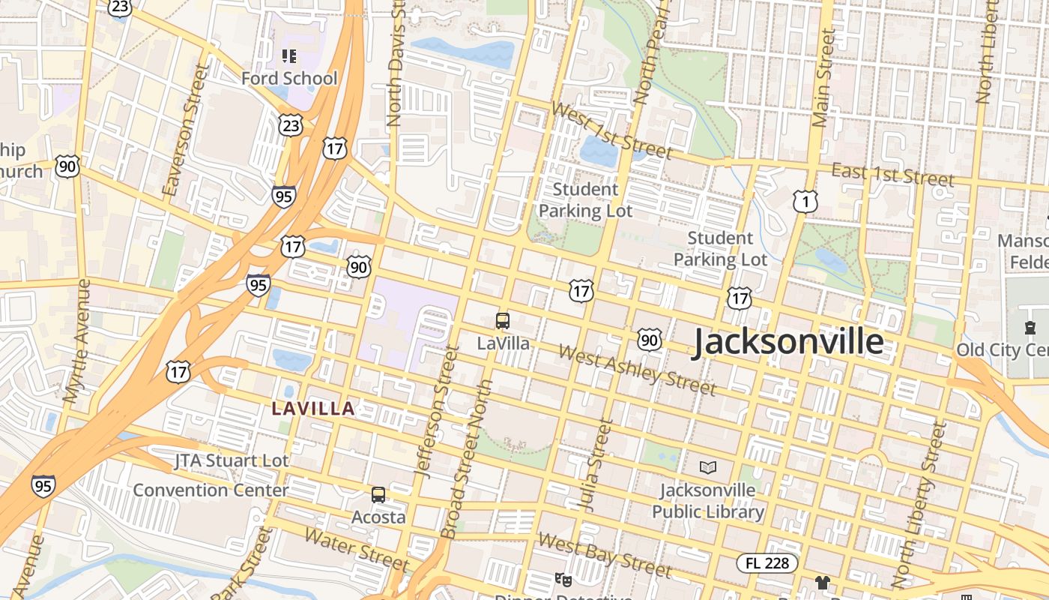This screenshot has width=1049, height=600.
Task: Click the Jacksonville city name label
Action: pos(787,342)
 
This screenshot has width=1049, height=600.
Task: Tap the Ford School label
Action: pos(289,78)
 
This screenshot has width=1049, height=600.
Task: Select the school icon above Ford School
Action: pos(289,55)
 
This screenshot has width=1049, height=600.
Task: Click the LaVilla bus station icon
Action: pos(503,321)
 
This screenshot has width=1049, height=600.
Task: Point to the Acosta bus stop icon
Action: pos(378,495)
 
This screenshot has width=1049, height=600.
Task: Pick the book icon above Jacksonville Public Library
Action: pos(707,468)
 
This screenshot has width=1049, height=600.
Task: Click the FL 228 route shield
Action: pos(767,562)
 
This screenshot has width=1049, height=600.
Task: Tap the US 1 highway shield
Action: pos(805,201)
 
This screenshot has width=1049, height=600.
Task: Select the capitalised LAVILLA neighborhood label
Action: pos(313,409)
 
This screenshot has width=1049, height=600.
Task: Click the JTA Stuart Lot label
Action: pos(231,460)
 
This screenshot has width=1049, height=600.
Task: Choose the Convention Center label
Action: pos(211,490)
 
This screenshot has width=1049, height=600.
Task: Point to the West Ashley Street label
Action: pos(637,370)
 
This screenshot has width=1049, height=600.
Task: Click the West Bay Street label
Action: pos(604,554)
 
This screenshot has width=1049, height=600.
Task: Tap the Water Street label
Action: pos(357,550)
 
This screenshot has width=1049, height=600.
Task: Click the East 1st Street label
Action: pos(892,175)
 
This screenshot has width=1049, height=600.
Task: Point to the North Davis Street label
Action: pos(396,64)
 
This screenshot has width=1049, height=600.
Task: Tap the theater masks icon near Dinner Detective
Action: pos(562,579)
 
